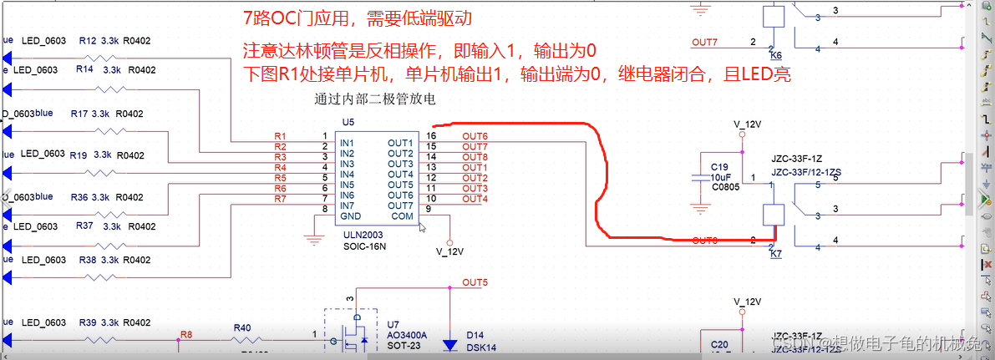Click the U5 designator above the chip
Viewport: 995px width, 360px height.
(348, 122)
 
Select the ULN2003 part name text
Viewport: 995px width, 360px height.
(363, 236)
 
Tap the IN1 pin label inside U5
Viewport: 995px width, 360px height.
(347, 143)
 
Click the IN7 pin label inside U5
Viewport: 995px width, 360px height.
(347, 205)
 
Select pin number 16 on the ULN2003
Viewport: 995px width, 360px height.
(431, 135)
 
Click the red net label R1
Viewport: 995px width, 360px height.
(280, 135)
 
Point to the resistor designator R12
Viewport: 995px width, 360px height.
(87, 40)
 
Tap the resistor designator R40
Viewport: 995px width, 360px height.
(242, 327)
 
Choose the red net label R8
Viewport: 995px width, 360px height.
(185, 334)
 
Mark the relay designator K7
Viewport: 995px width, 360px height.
(776, 252)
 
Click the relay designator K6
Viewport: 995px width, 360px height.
(776, 55)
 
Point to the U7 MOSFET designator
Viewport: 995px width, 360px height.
(393, 323)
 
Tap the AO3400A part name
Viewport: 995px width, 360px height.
(407, 335)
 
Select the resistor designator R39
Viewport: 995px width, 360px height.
(88, 322)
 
